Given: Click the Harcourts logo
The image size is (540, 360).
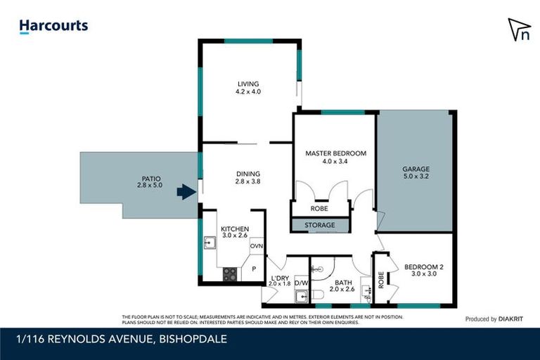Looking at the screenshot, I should [53, 27].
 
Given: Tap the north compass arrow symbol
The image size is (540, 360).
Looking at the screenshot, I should [520, 30].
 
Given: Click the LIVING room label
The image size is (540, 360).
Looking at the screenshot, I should [248, 83].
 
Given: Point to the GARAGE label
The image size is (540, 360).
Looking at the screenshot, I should [416, 169].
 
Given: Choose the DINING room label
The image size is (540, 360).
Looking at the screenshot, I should [248, 174].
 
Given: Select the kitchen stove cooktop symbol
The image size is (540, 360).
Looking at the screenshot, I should [230, 274].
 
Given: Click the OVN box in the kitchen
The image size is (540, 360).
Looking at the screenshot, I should [256, 246].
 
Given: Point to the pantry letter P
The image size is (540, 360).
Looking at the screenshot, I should [254, 269].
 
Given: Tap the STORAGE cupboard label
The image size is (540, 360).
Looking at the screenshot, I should [321, 225].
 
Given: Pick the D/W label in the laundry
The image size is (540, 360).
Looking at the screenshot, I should [301, 283].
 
